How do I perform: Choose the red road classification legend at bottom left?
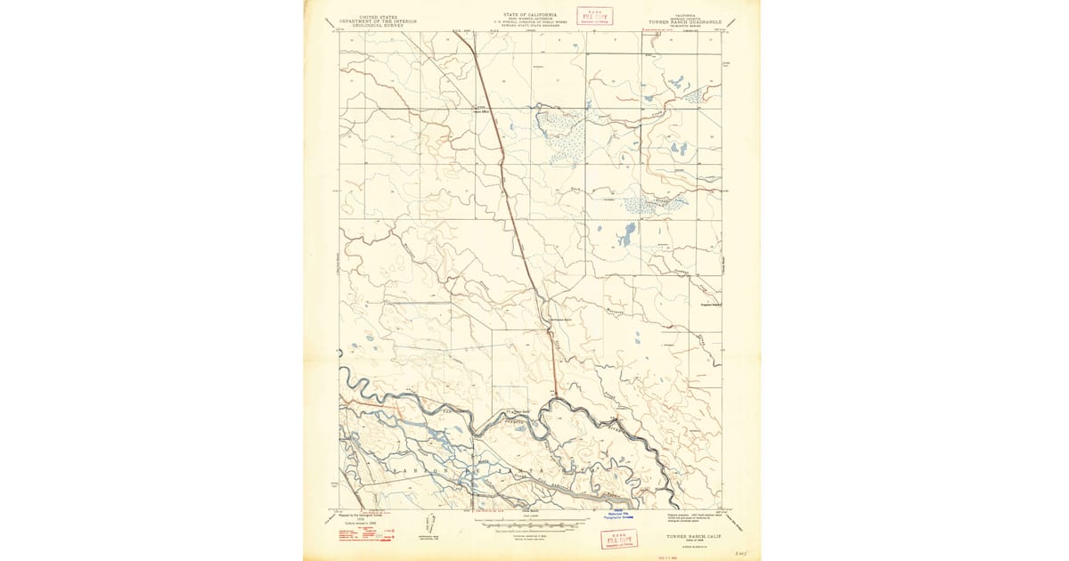coord(365,534)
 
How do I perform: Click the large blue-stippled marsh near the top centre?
coord(561,135)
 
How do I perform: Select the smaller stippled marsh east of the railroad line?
coord(655,204)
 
